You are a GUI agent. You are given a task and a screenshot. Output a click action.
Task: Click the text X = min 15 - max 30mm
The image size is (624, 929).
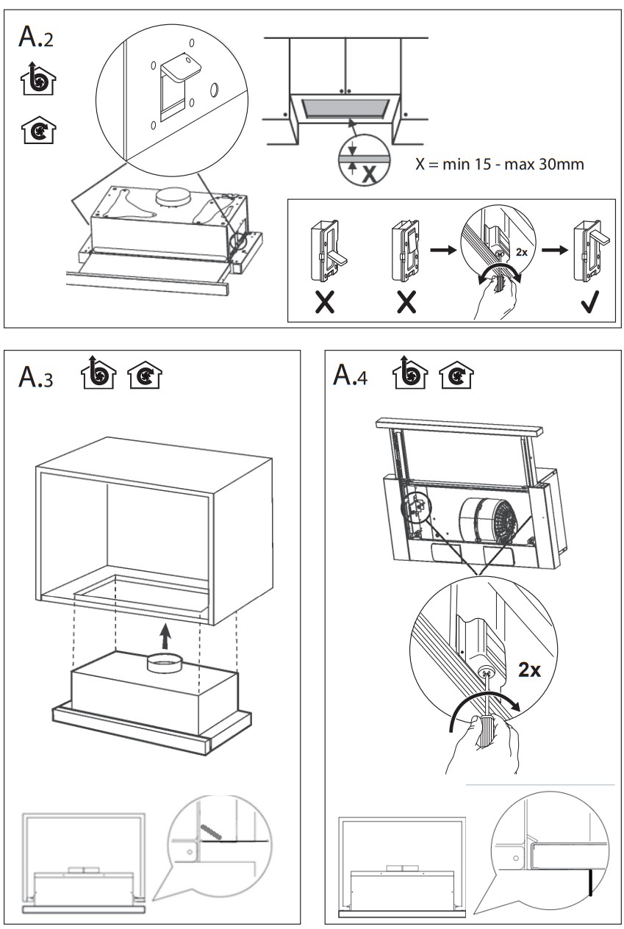500,164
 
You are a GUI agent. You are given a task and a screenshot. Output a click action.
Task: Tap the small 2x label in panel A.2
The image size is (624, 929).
520,251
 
